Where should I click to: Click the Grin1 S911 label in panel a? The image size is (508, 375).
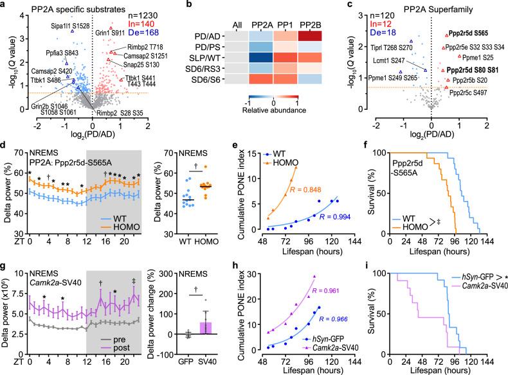129,30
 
